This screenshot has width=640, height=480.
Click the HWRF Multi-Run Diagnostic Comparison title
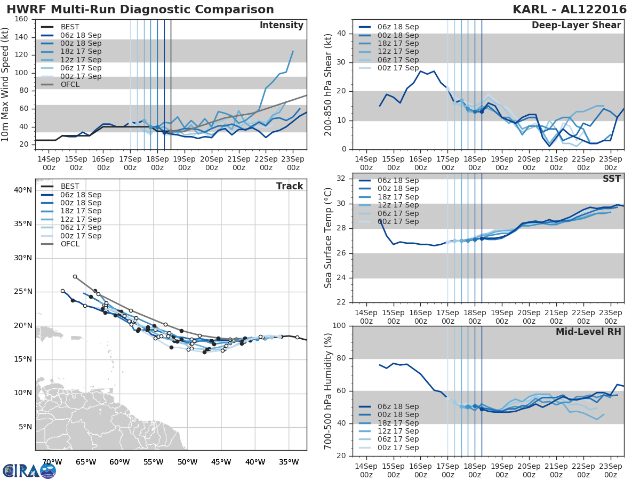(140, 10)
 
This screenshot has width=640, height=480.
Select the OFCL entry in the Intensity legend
(70, 84)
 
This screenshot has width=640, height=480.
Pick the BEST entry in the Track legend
(70, 186)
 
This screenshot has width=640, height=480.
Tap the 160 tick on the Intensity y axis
(22, 19)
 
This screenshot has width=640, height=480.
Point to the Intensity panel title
(281, 26)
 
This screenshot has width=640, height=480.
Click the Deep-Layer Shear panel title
(576, 26)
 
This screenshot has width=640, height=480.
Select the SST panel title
(612, 179)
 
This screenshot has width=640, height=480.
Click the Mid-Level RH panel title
(588, 332)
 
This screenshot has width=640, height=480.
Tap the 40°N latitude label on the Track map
(22, 190)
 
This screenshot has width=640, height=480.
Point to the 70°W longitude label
(51, 462)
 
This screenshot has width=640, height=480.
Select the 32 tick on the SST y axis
(341, 179)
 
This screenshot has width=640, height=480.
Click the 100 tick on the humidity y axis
(339, 326)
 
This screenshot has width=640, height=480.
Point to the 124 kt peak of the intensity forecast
(293, 51)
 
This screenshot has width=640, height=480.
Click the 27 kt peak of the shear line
(420, 71)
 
